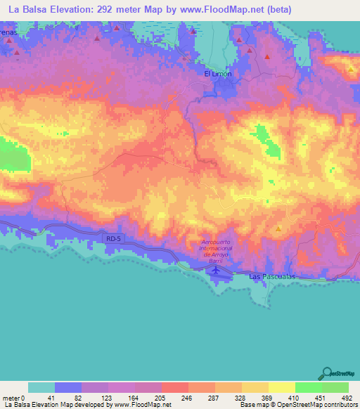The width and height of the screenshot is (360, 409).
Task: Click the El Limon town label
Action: (x=217, y=74)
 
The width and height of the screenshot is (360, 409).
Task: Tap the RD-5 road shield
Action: (x=113, y=239)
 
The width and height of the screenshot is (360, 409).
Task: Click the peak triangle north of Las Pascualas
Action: (x=278, y=229)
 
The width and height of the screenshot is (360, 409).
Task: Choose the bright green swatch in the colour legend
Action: (x=308, y=388)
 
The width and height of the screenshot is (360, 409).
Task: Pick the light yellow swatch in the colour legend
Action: (x=281, y=388)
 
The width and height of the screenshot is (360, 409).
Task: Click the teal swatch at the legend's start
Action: (x=41, y=388)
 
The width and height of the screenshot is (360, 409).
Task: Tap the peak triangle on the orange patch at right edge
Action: (x=351, y=69)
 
